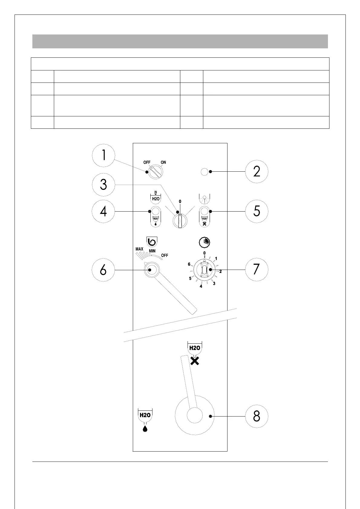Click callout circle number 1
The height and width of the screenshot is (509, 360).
point(103,155)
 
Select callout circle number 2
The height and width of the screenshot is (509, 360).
point(257,171)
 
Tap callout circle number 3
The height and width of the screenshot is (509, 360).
point(103,184)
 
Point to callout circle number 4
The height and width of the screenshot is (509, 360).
point(103,211)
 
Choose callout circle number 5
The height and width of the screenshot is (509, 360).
point(257,211)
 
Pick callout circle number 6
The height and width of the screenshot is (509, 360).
point(103,270)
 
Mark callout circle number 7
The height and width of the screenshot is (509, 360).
point(257,269)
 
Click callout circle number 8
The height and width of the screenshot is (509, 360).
point(257,416)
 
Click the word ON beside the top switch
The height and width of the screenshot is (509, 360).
point(163,162)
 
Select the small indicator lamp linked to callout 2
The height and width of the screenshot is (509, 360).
point(204,172)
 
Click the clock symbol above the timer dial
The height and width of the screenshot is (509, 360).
point(205,242)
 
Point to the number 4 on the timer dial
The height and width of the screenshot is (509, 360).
point(201,286)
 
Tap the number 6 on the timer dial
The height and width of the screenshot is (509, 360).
point(189,264)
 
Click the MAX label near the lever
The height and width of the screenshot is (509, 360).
point(139,249)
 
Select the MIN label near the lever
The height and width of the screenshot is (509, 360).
point(152,251)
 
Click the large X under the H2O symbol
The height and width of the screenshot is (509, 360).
point(195,361)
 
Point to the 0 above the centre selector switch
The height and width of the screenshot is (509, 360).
point(180,201)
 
